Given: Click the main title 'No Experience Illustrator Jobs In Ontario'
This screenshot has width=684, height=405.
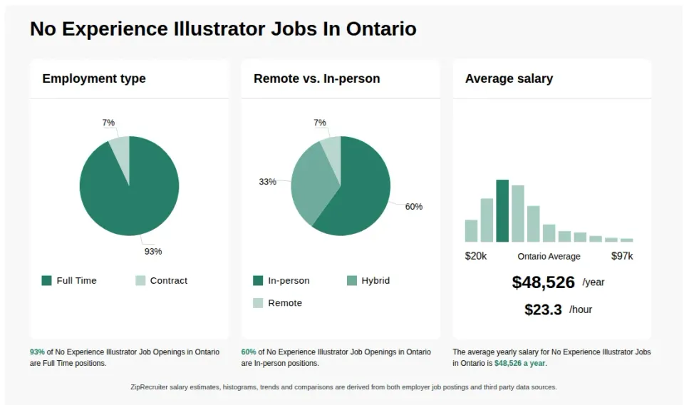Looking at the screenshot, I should point(223,29).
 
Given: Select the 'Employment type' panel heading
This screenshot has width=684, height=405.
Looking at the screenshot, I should point(94,78).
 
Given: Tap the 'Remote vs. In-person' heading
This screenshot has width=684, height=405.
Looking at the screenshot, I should point(316,78).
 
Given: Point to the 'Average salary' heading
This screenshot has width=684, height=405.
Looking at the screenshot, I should point(509,78).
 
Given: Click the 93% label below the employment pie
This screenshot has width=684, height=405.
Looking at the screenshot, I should point(153,251).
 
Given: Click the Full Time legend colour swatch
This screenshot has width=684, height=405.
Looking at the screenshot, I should point(47,280).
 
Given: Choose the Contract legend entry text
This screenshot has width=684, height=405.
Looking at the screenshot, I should point(168,280).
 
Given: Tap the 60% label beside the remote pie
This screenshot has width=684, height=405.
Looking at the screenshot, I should point(414,207).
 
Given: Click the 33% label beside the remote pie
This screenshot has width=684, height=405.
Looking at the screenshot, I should point(267,182).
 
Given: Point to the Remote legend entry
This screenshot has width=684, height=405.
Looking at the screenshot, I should point(284,303).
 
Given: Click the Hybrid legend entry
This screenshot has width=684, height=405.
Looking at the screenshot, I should point(375,280).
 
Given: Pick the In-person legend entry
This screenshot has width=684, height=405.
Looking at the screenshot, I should point(289,280).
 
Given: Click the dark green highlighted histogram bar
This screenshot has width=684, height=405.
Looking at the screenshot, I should point(502,211).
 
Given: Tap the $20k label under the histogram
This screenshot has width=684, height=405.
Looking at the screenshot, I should point(476,256).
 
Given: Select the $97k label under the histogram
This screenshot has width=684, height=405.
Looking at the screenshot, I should point(622,256).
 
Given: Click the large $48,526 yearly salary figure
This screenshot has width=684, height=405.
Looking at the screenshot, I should point(543,282).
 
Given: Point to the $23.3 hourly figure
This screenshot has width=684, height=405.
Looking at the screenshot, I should point(543,309).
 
